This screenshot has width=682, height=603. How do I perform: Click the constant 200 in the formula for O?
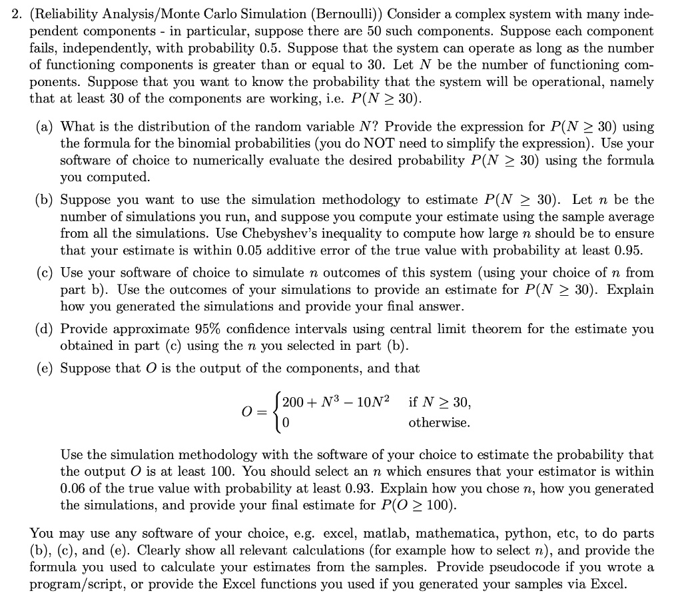pyautogui.click(x=294, y=402)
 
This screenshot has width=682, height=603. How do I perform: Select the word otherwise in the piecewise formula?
pyautogui.click(x=439, y=423)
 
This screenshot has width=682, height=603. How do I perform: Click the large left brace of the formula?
pyautogui.click(x=275, y=412)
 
